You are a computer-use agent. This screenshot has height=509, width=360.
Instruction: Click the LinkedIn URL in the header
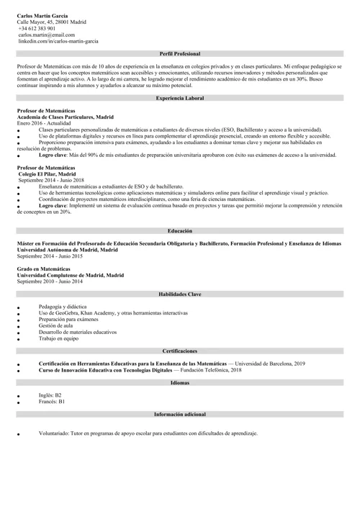58,41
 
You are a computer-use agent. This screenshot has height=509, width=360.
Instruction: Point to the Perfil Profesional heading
180,54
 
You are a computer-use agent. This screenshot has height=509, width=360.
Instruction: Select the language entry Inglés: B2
50,395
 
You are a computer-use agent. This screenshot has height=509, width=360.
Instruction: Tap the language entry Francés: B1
52,401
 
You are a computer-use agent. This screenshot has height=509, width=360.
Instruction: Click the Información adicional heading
180,415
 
